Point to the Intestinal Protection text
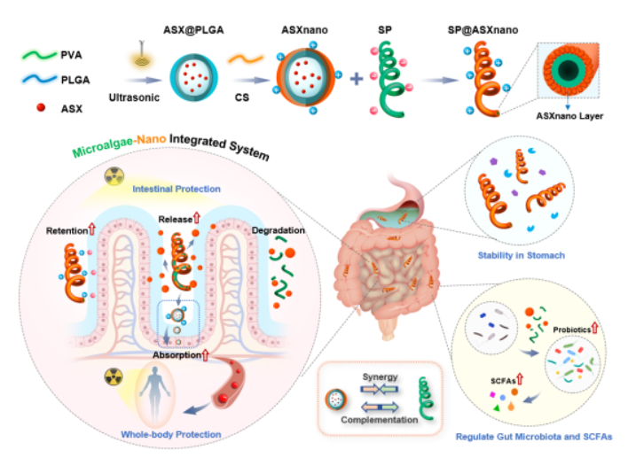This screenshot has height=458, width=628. pos(177,189)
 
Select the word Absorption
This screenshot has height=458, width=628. pos(176,355)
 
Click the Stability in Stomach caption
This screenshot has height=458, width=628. pos(522,256)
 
